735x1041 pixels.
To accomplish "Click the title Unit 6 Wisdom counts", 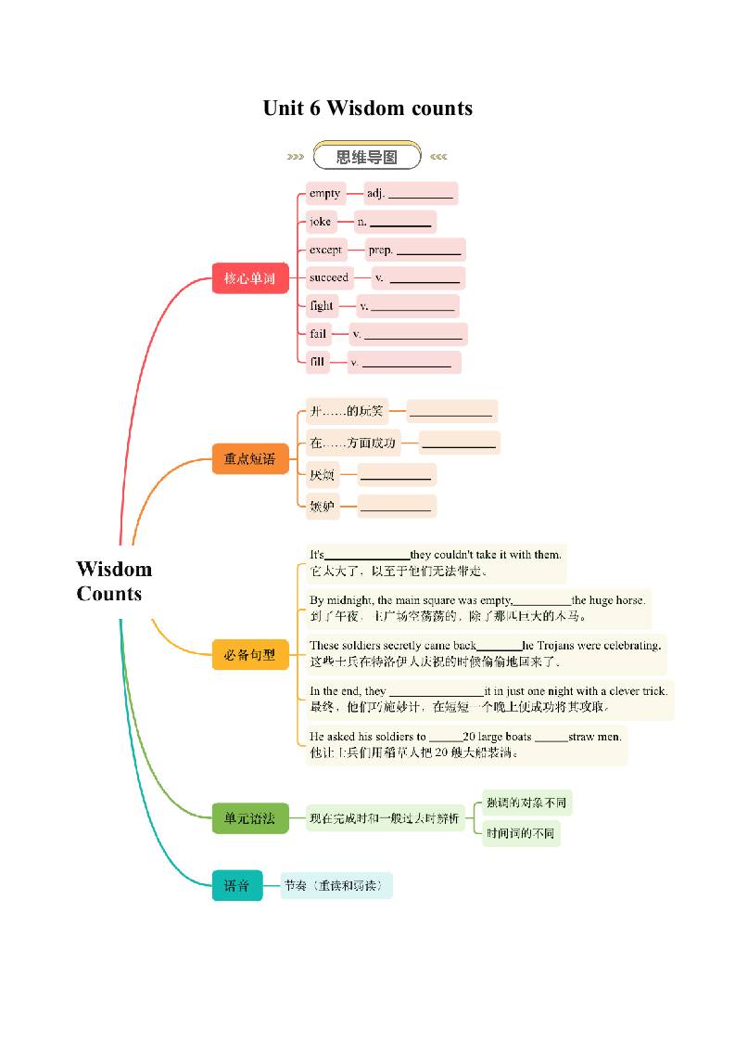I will pyautogui.click(x=367, y=109).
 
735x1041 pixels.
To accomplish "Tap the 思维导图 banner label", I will pyautogui.click(x=367, y=157).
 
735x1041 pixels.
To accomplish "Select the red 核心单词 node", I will pyautogui.click(x=250, y=277).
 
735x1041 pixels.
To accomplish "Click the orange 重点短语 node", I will pyautogui.click(x=250, y=458).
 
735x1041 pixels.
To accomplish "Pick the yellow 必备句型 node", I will pyautogui.click(x=250, y=654).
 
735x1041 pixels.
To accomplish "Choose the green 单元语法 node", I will pyautogui.click(x=250, y=818).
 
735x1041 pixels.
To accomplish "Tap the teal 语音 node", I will pyautogui.click(x=237, y=885).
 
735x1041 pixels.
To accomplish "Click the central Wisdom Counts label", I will pyautogui.click(x=114, y=581).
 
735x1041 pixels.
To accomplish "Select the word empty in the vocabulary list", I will pyautogui.click(x=324, y=193).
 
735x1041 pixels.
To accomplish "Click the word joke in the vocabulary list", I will pyautogui.click(x=320, y=222).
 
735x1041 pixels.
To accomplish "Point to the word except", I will pyautogui.click(x=325, y=250).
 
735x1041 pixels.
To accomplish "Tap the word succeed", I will pyautogui.click(x=329, y=277).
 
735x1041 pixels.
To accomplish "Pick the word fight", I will pyautogui.click(x=322, y=305).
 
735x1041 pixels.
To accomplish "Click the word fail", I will pyautogui.click(x=318, y=333).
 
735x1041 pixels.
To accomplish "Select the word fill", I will pyautogui.click(x=318, y=362).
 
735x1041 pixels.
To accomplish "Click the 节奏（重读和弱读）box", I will pyautogui.click(x=336, y=885).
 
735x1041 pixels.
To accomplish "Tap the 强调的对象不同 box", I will pyautogui.click(x=526, y=803).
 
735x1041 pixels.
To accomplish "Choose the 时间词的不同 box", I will pyautogui.click(x=520, y=833).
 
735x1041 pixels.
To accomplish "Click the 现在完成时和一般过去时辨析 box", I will pyautogui.click(x=385, y=818).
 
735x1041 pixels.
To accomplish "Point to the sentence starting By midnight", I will pyautogui.click(x=477, y=600).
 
